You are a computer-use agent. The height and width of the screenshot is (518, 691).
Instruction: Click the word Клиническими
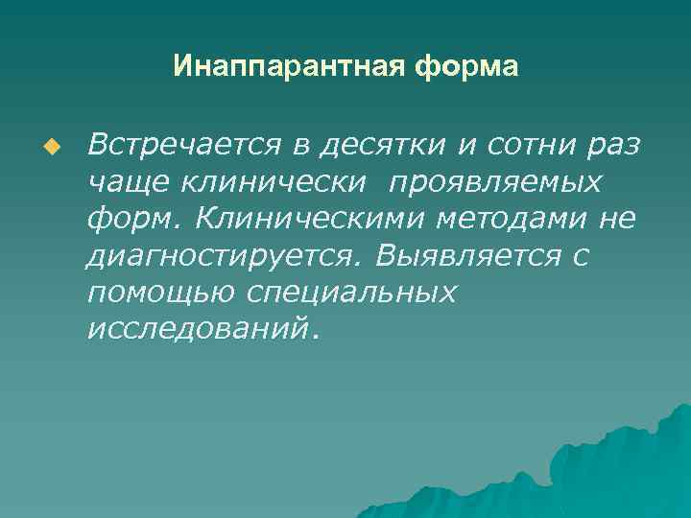tap(296, 219)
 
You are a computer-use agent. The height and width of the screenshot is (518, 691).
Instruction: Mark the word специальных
tap(351, 293)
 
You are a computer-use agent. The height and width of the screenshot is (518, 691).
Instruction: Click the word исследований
tap(200, 329)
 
